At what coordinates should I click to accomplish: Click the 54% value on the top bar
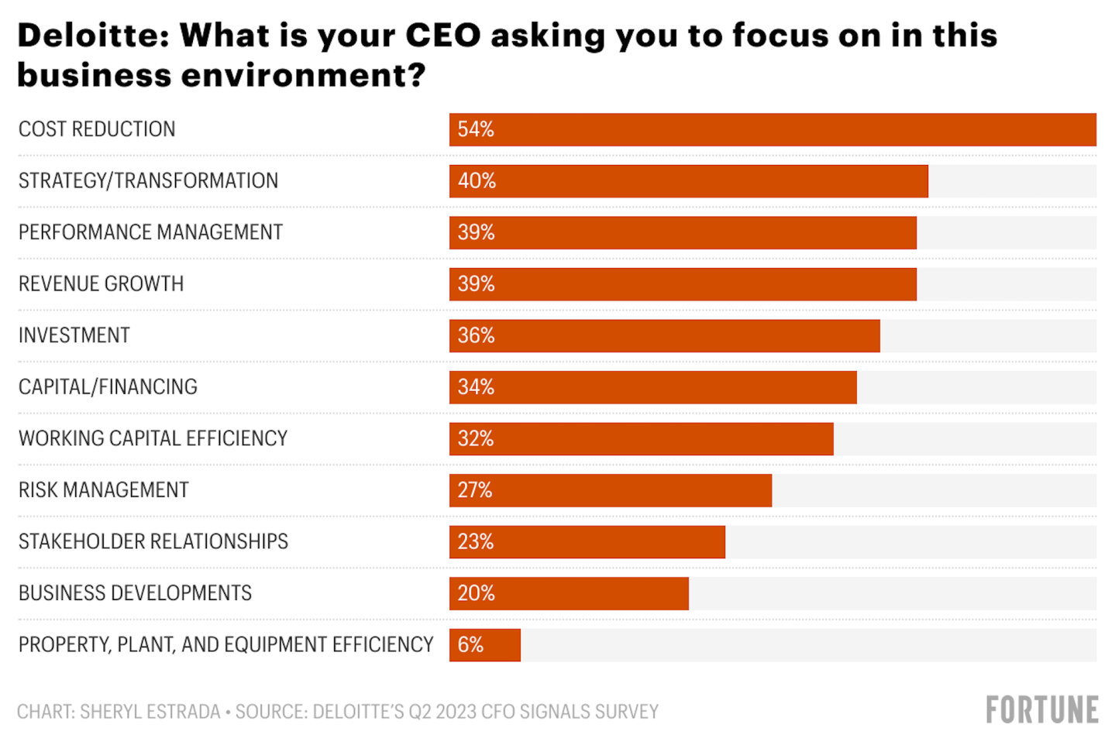[475, 129]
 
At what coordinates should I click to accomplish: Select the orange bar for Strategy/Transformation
[688, 181]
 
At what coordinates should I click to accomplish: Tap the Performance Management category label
[150, 232]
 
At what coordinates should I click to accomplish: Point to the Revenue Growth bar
[682, 284]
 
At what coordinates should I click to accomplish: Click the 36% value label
[476, 335]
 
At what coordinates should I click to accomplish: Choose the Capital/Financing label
[108, 387]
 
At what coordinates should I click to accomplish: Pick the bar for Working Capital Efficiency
[641, 439]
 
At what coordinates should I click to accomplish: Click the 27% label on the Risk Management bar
[475, 490]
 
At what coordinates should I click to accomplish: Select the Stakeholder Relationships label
[153, 541]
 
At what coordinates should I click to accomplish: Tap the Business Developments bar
[569, 593]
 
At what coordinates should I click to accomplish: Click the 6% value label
[470, 644]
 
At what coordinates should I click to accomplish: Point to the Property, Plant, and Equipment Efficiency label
[225, 644]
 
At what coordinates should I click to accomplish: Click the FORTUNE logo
[1041, 710]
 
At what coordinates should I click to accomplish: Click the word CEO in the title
[443, 36]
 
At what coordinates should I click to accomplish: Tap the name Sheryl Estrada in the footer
[150, 712]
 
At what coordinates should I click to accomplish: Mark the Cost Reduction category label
[97, 129]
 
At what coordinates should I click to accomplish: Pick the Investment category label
[74, 335]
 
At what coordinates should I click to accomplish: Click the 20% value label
[476, 593]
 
